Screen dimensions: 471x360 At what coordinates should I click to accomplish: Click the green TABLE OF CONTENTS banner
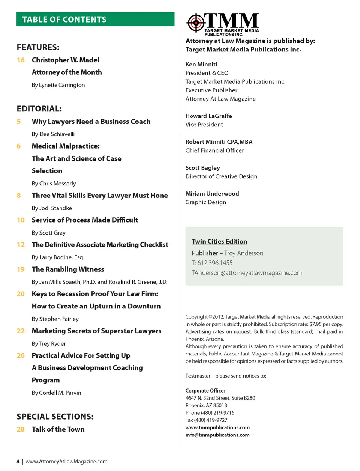tap(95, 19)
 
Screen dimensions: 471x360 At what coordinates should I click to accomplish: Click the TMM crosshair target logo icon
tap(195, 23)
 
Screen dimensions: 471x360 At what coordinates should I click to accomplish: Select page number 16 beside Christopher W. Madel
tap(21, 60)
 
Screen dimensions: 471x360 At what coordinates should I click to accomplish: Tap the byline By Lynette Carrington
tap(58, 85)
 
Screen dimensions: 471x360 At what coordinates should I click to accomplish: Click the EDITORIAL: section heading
tap(39, 109)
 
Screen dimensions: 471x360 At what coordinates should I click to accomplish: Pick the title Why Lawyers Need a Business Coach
tap(91, 122)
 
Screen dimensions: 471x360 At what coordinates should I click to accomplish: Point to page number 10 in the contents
tap(21, 220)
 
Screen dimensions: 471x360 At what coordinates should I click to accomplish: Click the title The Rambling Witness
tap(68, 269)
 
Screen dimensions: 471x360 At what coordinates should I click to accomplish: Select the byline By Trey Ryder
tap(49, 343)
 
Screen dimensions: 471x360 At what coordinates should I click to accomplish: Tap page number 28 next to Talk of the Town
tap(21, 429)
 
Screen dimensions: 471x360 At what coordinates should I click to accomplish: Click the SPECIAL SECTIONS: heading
tap(55, 417)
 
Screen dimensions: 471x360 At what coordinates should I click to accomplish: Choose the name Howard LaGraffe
tap(208, 116)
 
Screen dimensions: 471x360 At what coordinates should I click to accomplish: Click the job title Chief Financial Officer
tap(214, 150)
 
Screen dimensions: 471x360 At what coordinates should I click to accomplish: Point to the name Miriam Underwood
tap(212, 194)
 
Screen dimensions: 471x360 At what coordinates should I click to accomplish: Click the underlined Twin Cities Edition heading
tap(219, 242)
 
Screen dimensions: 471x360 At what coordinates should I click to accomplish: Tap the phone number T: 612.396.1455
tap(212, 263)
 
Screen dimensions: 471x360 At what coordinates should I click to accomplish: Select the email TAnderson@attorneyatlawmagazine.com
tap(247, 273)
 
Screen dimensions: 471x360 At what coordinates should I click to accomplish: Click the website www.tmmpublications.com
tap(217, 427)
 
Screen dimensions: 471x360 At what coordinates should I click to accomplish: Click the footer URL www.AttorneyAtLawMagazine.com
tap(66, 462)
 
